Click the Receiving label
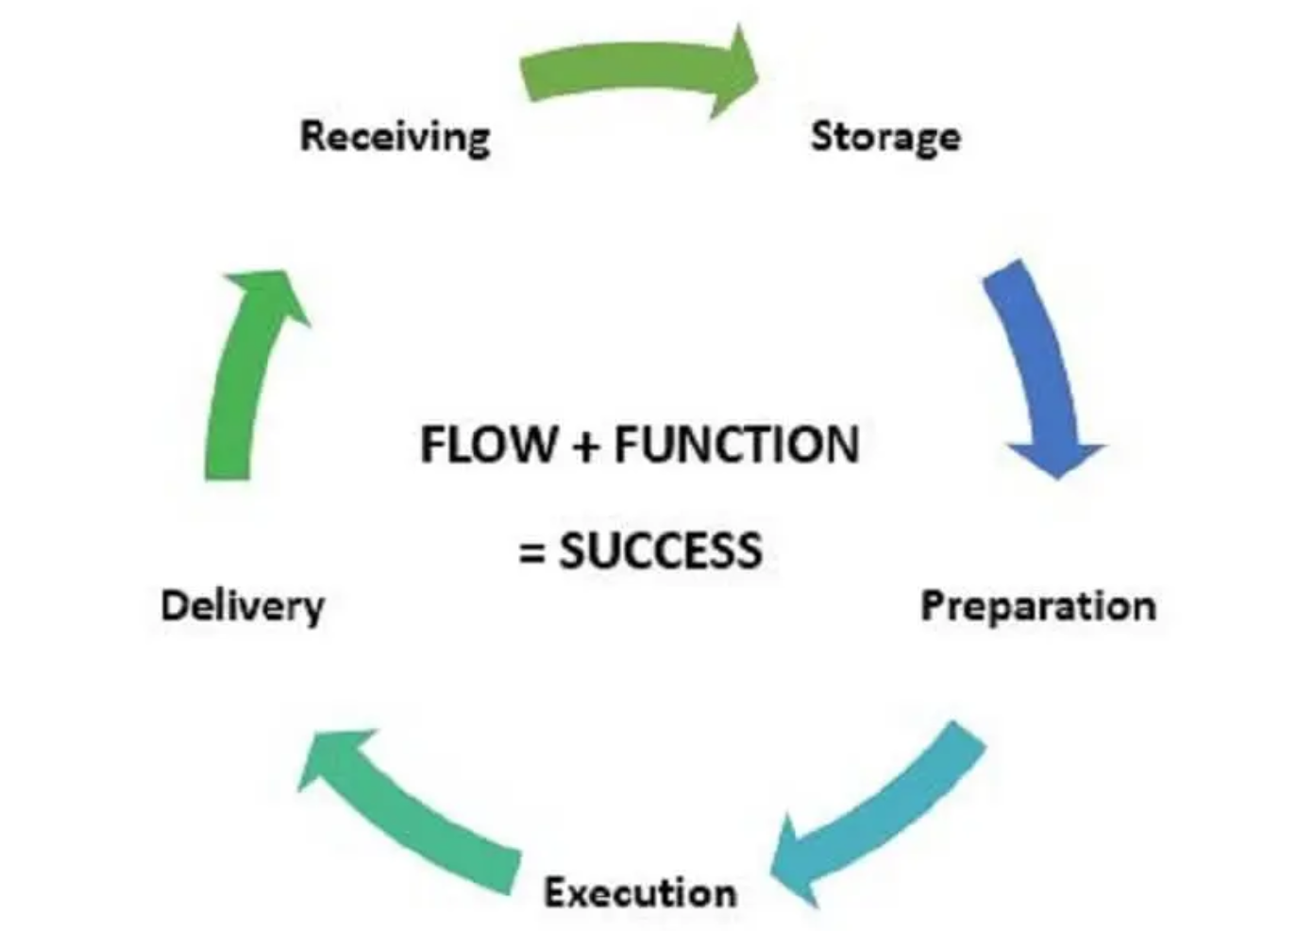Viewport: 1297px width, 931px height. [x=395, y=136]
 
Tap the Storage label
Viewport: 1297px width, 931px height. [x=885, y=136]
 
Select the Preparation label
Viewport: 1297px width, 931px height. [x=1037, y=605]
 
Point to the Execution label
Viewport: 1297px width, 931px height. [x=640, y=891]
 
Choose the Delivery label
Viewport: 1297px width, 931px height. [x=243, y=605]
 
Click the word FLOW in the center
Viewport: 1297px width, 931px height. [x=488, y=445]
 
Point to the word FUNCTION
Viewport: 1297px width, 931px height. [x=736, y=445]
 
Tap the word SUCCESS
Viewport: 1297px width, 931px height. [x=660, y=550]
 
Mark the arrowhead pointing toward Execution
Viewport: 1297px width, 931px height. [x=798, y=859]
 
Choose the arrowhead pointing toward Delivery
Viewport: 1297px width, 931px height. [x=330, y=755]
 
